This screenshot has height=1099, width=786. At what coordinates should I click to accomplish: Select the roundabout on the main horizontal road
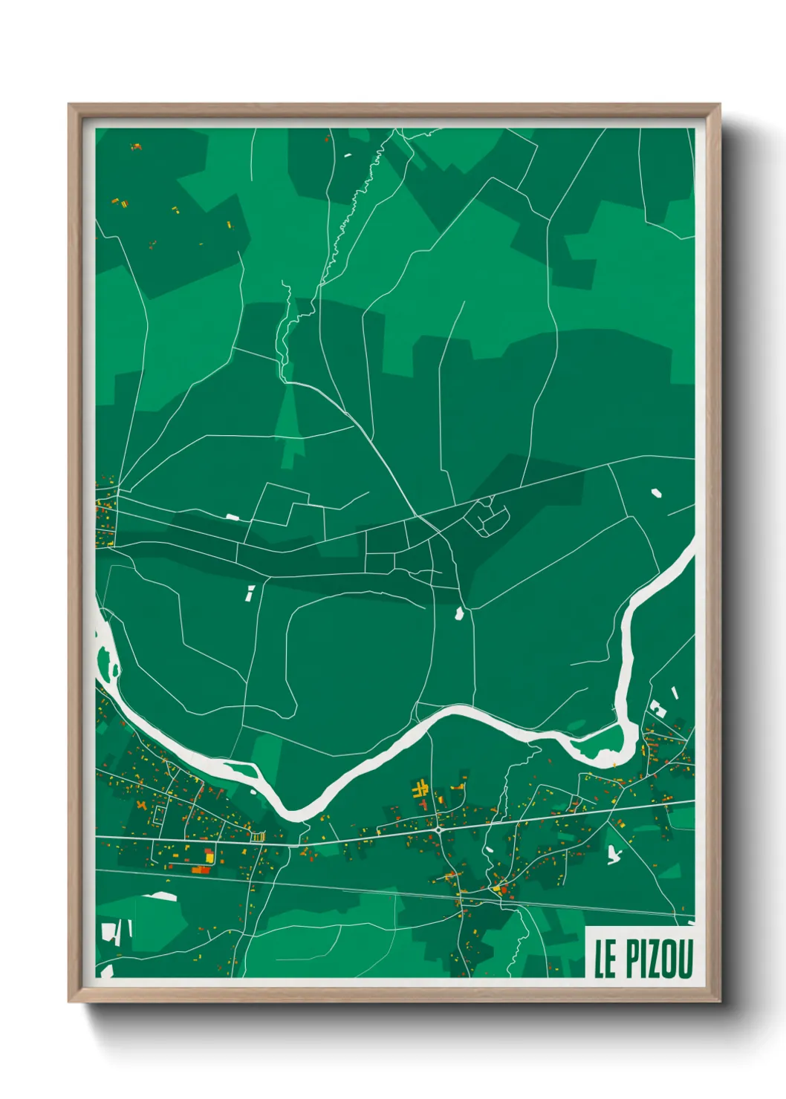coord(439,830)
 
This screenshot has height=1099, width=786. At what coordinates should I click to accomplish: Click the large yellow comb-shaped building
coord(421,789)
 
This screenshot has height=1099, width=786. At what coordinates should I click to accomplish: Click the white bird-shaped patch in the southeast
coord(614,854)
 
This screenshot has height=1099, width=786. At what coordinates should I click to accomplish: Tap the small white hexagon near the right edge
coord(656,492)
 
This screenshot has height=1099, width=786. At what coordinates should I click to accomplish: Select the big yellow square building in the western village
coord(210,857)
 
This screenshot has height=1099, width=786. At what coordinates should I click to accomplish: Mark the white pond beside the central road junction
coord(459,614)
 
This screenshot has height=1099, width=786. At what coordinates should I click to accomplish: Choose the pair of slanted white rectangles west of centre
coord(250,593)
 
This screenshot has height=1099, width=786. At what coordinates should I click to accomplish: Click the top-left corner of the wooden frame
coord(71,107)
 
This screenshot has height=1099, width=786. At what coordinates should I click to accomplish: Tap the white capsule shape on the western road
coord(233,516)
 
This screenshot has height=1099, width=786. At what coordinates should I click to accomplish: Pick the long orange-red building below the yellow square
coord(200,870)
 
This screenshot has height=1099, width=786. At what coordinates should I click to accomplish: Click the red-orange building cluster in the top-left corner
coord(136,147)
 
